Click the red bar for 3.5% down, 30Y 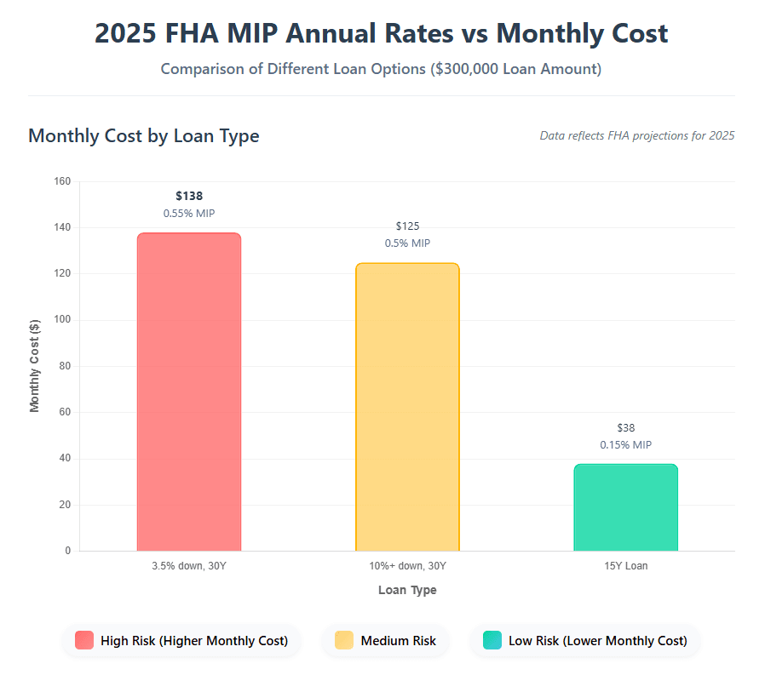click(x=189, y=392)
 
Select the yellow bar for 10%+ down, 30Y click(x=407, y=407)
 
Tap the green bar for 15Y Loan click(x=625, y=507)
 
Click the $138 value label click(x=189, y=196)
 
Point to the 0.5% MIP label click(x=407, y=243)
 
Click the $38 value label click(x=625, y=428)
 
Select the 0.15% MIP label click(x=625, y=445)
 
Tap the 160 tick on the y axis click(x=62, y=181)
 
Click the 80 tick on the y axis click(x=65, y=366)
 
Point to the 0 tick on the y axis click(x=67, y=551)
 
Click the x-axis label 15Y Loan click(x=625, y=566)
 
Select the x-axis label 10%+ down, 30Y click(x=407, y=566)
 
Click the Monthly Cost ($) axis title click(x=35, y=366)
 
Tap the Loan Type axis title click(x=407, y=590)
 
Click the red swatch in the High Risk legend click(x=84, y=640)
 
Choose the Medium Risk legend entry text click(x=398, y=641)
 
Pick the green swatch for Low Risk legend click(x=492, y=640)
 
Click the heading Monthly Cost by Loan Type click(x=143, y=135)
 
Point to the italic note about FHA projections click(x=636, y=135)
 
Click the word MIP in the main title click(x=315, y=33)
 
